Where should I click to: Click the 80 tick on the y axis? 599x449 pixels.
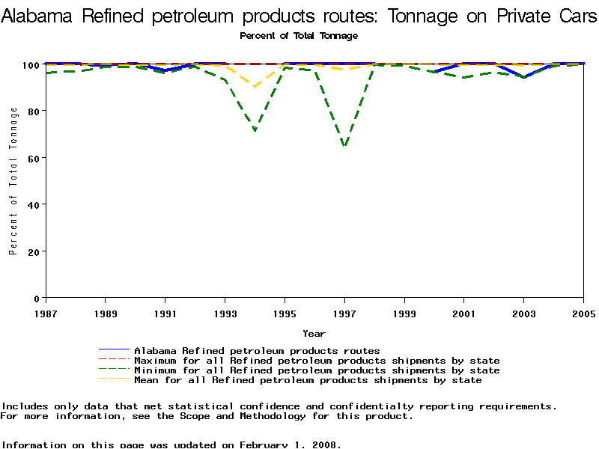(x=34, y=111)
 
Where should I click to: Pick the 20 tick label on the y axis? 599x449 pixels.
(x=34, y=251)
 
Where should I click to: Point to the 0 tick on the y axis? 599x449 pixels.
(x=37, y=298)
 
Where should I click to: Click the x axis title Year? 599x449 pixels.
(x=314, y=333)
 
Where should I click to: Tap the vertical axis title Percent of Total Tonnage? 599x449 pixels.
(x=13, y=180)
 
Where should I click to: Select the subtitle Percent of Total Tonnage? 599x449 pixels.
(x=299, y=36)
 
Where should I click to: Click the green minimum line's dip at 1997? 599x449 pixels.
(x=344, y=146)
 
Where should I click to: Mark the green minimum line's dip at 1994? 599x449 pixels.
(x=255, y=131)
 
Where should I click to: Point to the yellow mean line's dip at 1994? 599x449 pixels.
(x=255, y=87)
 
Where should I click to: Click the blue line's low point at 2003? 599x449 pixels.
(x=523, y=77)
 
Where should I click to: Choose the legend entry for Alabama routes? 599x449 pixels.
(x=257, y=350)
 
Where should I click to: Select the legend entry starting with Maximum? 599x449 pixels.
(x=317, y=360)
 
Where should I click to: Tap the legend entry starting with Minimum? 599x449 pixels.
(x=317, y=370)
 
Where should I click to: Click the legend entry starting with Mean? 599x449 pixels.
(x=308, y=379)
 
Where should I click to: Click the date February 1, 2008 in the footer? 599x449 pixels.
(x=290, y=445)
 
